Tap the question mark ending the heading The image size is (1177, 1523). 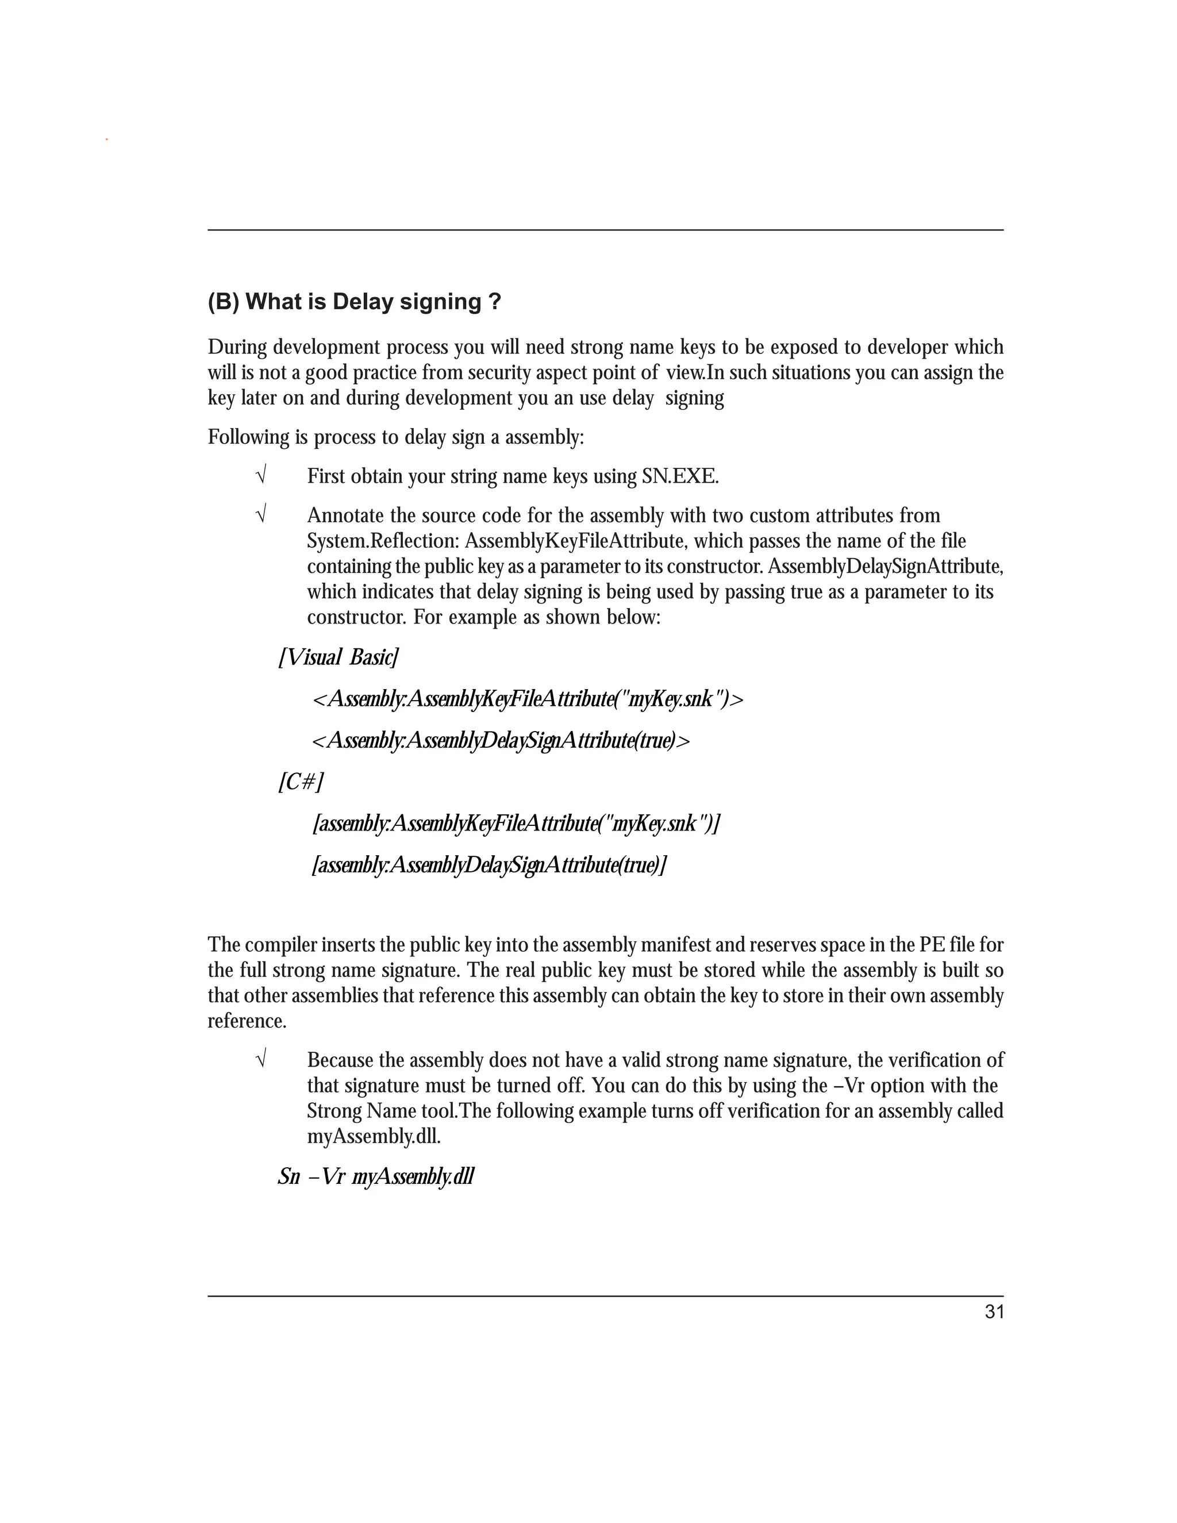pyautogui.click(x=494, y=302)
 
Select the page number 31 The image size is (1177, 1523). pyautogui.click(x=994, y=1312)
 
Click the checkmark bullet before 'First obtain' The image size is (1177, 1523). pyautogui.click(x=261, y=477)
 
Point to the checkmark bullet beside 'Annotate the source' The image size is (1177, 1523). pyautogui.click(x=261, y=516)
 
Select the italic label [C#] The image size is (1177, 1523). pyautogui.click(x=301, y=782)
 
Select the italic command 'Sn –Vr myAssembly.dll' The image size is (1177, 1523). pyautogui.click(x=376, y=1176)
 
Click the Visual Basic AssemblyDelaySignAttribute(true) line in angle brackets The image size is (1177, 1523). pyautogui.click(x=501, y=740)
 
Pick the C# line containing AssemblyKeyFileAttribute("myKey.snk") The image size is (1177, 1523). pyautogui.click(x=516, y=824)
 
